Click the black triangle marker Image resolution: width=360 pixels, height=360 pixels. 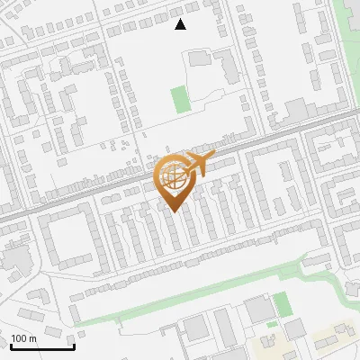click(x=180, y=24)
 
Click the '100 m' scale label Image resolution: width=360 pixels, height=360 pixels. click(x=23, y=338)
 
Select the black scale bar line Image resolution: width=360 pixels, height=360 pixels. click(x=42, y=346)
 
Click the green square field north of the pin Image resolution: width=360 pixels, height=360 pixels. click(x=182, y=99)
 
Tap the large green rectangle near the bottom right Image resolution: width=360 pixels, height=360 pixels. click(x=282, y=304)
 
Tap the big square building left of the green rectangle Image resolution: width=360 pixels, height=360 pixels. click(x=259, y=310)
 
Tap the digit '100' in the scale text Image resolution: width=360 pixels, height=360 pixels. click(x=19, y=338)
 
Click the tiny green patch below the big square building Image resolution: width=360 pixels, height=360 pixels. click(x=272, y=324)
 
